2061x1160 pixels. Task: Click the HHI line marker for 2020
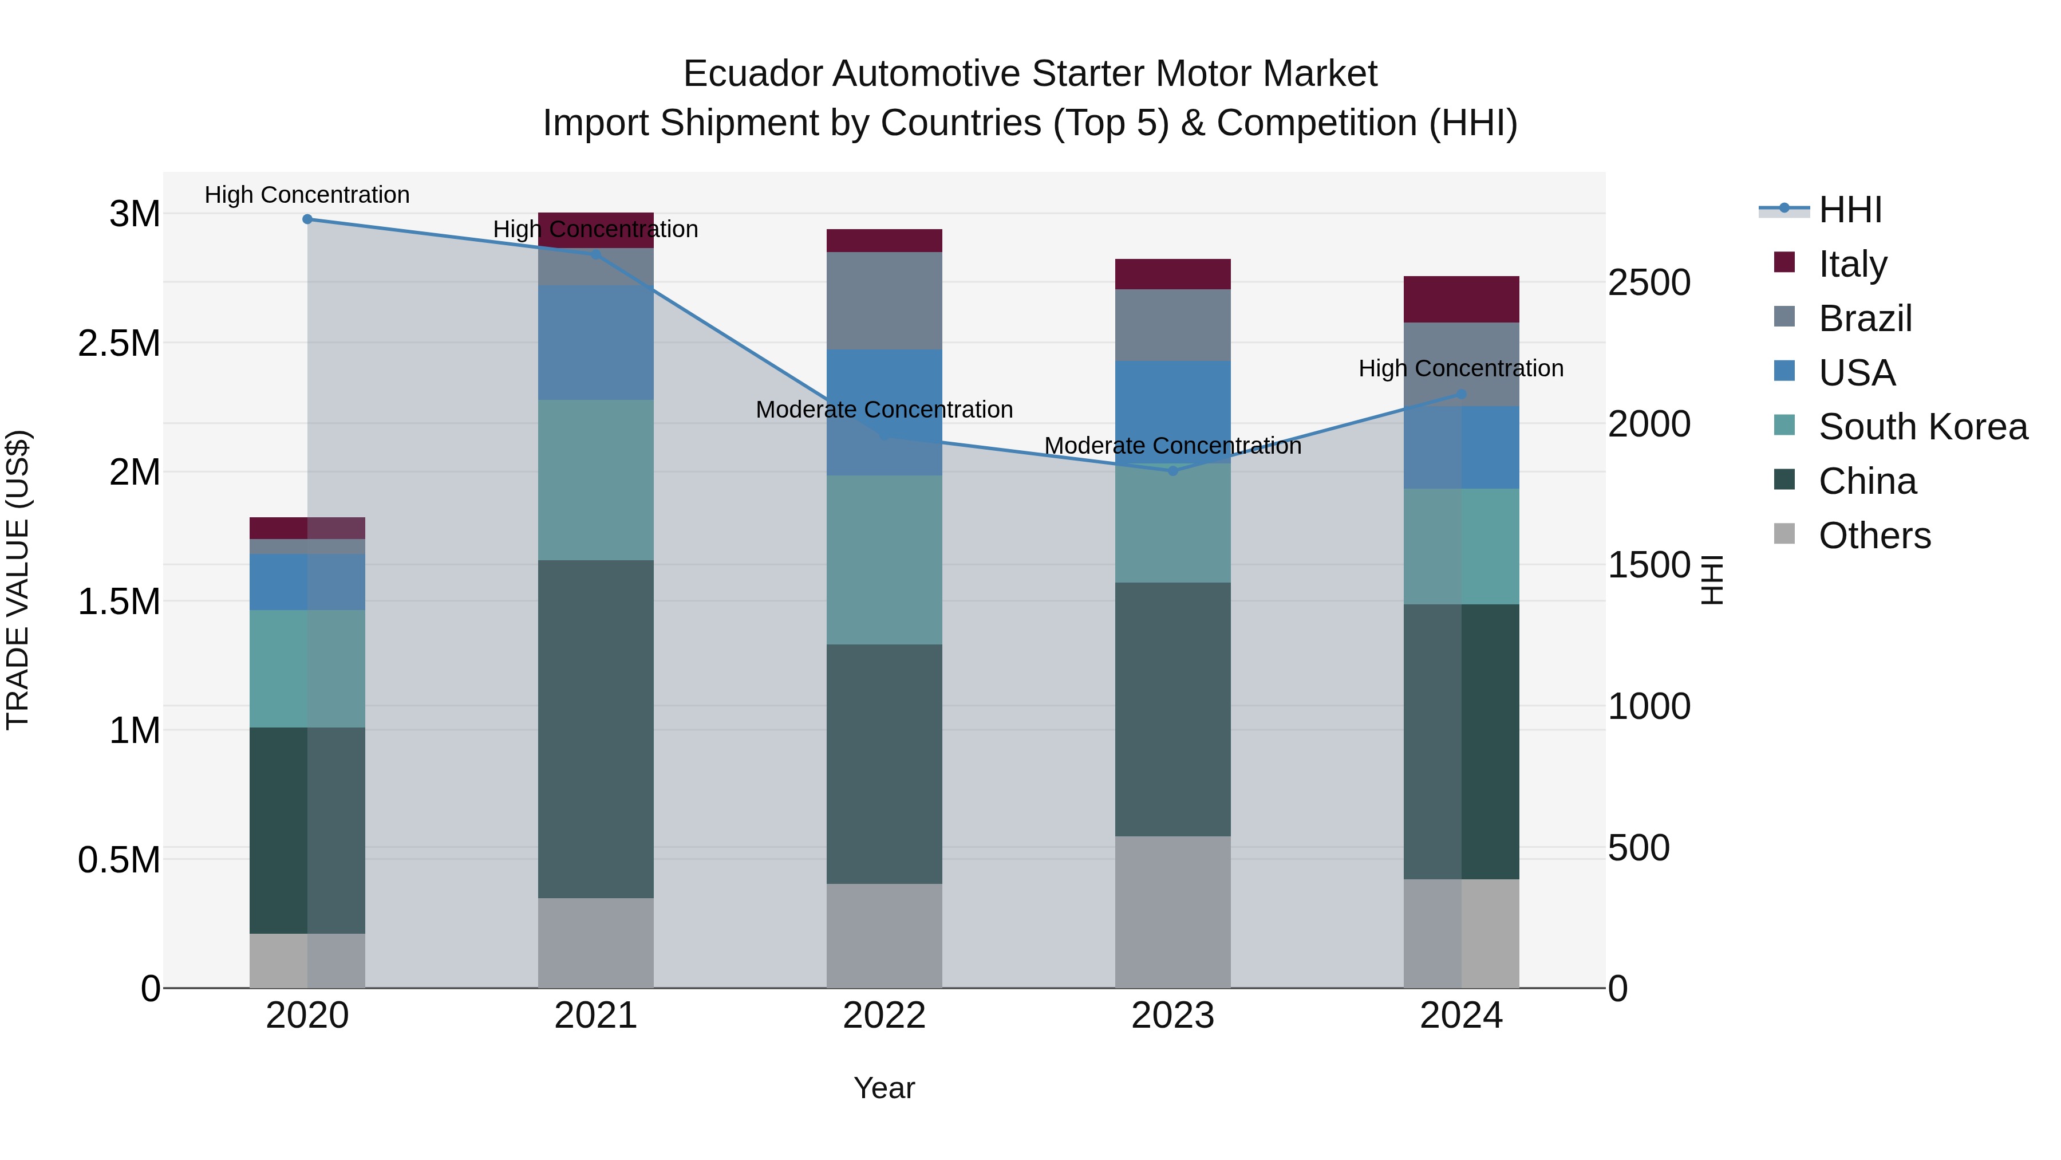[307, 219]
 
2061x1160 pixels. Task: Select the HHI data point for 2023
[1173, 471]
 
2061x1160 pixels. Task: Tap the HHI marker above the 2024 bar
[1461, 394]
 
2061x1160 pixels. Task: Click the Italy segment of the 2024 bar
[1461, 300]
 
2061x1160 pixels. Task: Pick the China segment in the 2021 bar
[595, 729]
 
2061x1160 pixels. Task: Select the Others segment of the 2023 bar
[1173, 912]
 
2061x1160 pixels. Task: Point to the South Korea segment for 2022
[884, 560]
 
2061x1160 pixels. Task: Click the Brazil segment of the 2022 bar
[884, 301]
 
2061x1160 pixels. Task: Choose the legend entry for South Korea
[1922, 427]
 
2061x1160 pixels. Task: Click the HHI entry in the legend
[1850, 210]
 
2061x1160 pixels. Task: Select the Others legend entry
[1874, 536]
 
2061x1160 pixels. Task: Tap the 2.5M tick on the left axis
[119, 344]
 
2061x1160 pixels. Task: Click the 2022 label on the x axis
[884, 1016]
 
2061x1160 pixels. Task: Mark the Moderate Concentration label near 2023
[1173, 446]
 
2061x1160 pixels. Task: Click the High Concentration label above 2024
[1461, 368]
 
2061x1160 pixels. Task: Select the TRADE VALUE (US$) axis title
[18, 580]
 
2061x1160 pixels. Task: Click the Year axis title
[884, 1088]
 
